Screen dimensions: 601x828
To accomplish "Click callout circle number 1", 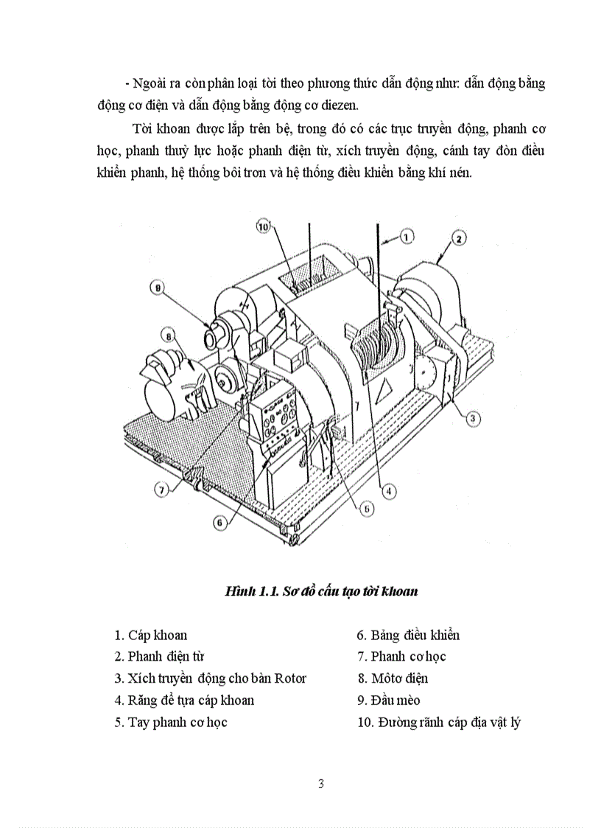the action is click(407, 237).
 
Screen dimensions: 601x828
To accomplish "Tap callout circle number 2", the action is click(457, 238).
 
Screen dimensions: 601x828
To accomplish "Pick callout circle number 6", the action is click(219, 521).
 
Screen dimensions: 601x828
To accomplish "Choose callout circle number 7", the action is click(162, 487).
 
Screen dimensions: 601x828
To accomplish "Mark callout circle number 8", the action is click(169, 337).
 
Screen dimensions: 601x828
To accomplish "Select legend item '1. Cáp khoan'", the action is click(151, 635).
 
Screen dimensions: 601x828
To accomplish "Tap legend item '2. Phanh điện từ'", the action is click(159, 656).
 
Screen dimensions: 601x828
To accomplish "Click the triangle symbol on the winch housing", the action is click(384, 389).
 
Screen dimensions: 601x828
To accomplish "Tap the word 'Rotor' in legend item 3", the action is click(289, 678).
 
